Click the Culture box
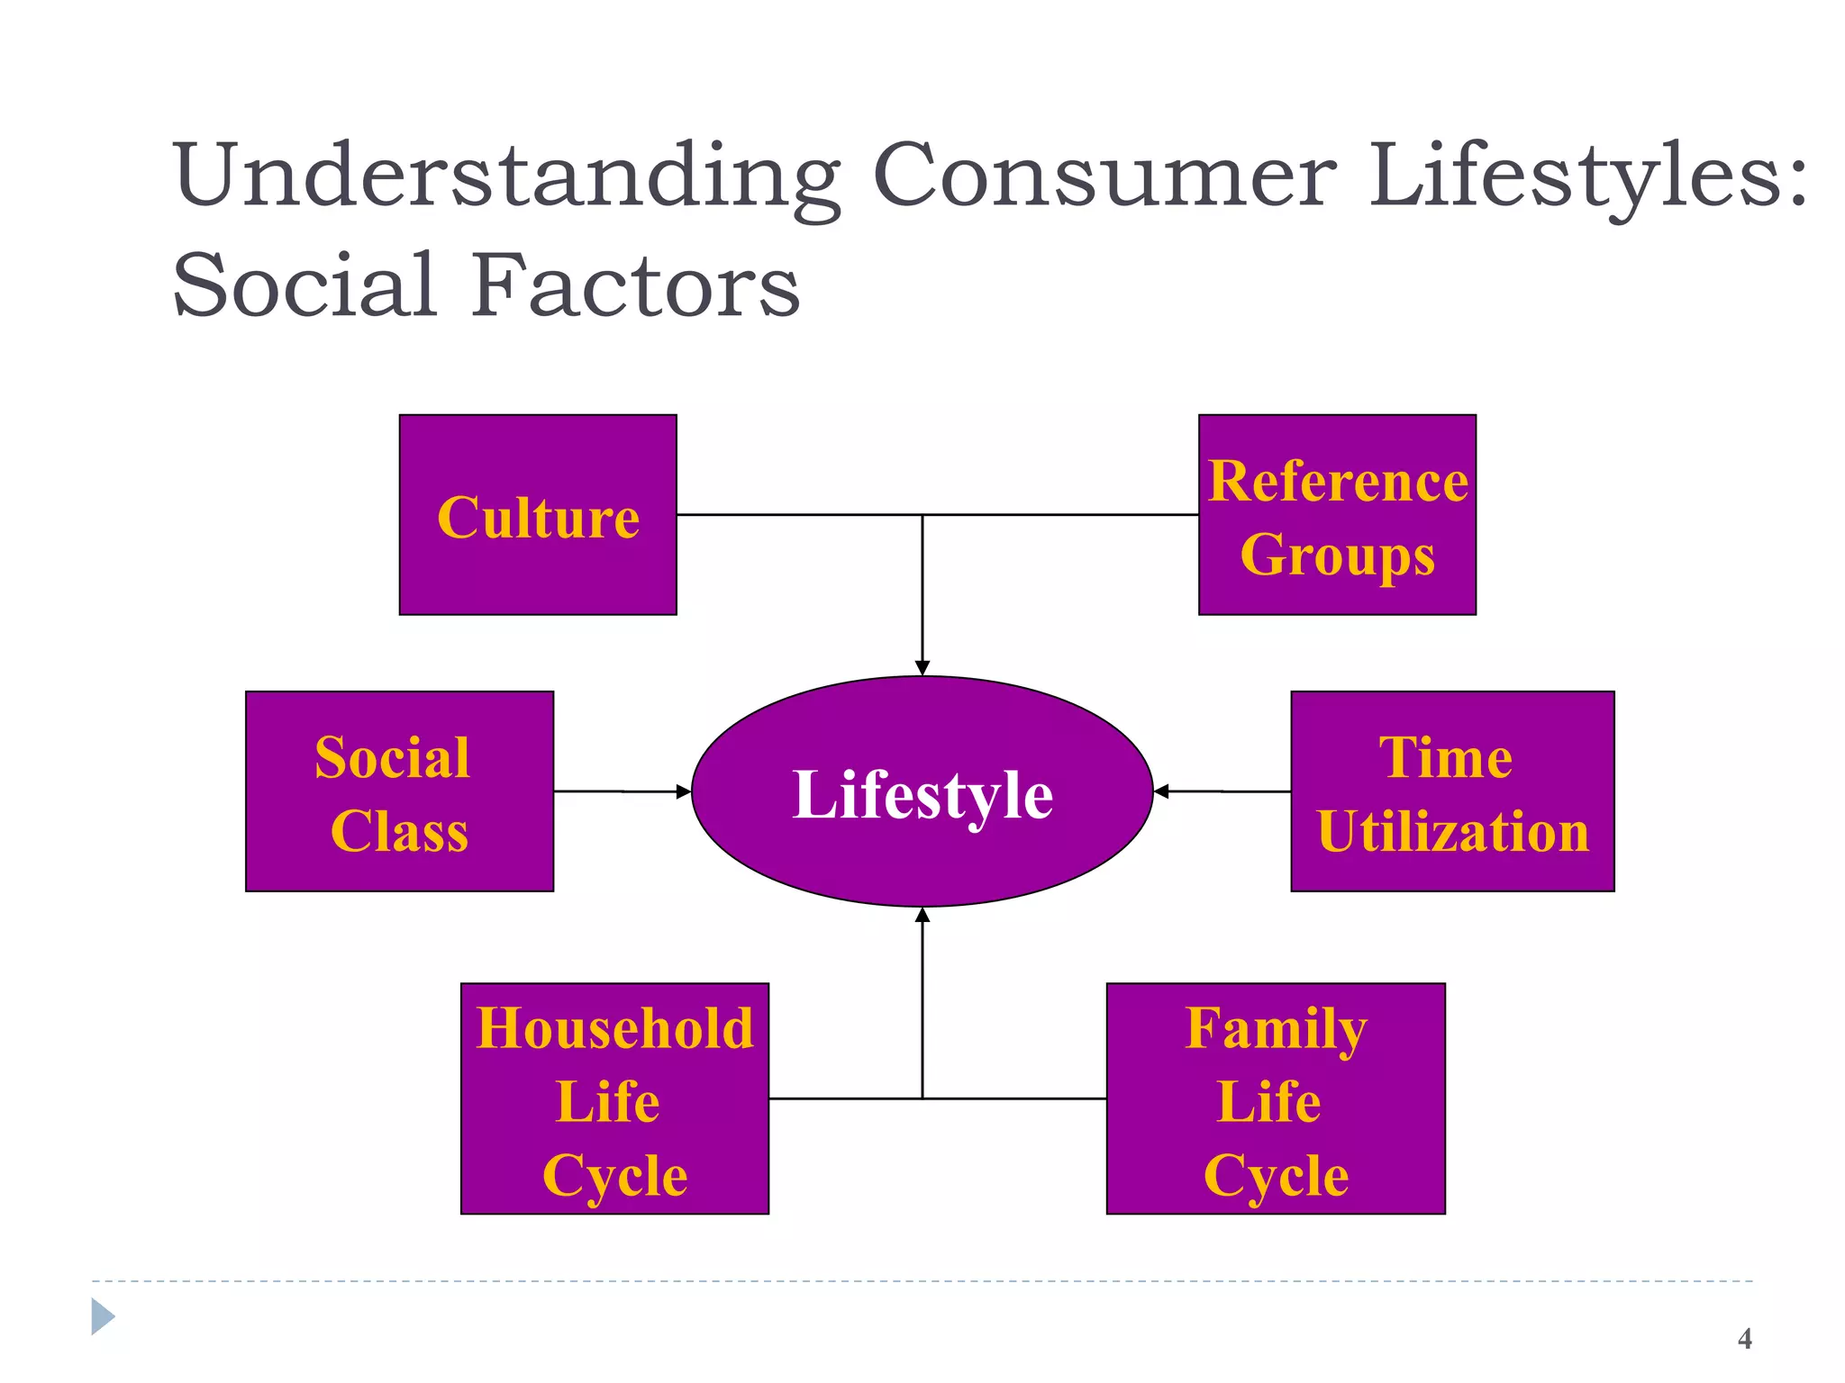(538, 515)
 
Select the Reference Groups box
(1337, 515)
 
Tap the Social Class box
(399, 791)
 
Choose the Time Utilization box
(1452, 791)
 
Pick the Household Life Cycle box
(614, 1098)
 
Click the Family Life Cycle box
(1276, 1098)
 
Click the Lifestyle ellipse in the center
(922, 791)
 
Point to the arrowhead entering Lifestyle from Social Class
(684, 792)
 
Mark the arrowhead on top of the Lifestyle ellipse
(922, 668)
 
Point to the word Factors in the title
(636, 285)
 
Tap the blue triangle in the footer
(103, 1316)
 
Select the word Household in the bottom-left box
(615, 1028)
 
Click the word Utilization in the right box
(1453, 830)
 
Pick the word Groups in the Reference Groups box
(1338, 555)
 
